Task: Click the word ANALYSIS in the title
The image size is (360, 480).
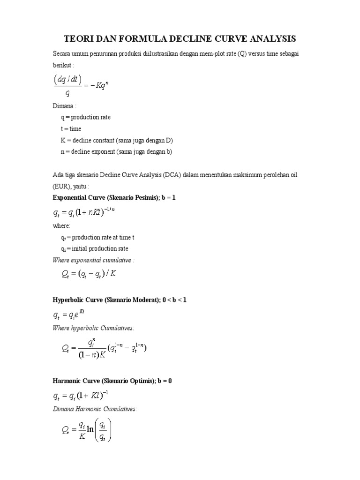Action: pyautogui.click(x=269, y=38)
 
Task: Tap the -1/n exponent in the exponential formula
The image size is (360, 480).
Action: pyautogui.click(x=110, y=210)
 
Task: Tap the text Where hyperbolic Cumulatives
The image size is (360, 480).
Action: pyautogui.click(x=90, y=327)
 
